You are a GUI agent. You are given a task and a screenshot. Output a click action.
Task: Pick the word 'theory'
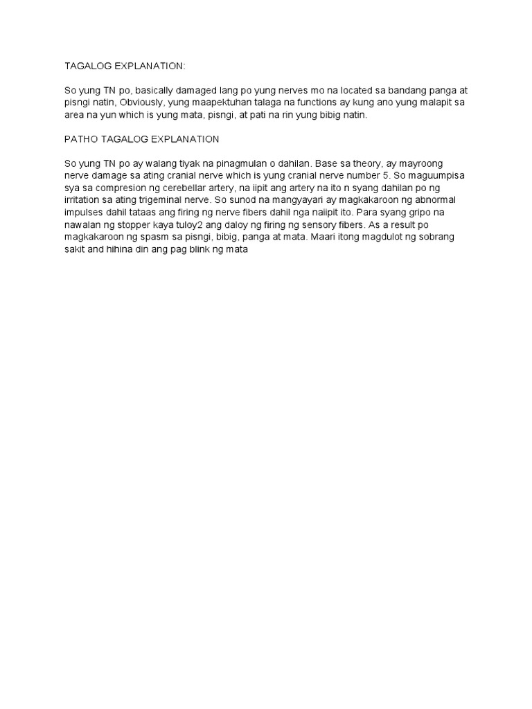pos(383,163)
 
